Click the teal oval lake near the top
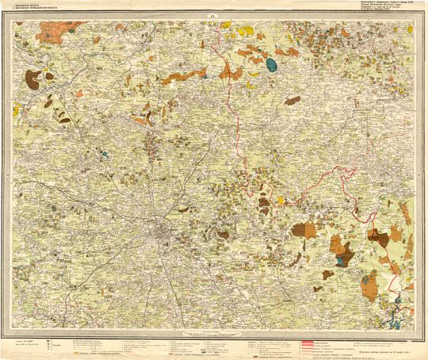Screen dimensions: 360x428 (272, 63)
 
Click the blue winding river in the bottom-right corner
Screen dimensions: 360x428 (396, 321)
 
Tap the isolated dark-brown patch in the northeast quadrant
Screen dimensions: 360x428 (292, 101)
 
